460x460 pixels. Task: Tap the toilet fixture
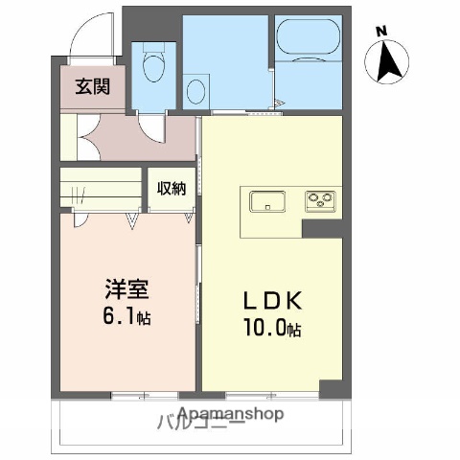[152, 68]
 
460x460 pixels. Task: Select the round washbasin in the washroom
[196, 91]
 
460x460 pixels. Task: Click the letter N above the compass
[382, 30]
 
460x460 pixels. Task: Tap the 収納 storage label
[172, 189]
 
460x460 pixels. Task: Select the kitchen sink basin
[267, 201]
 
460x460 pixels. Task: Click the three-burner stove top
[319, 200]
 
